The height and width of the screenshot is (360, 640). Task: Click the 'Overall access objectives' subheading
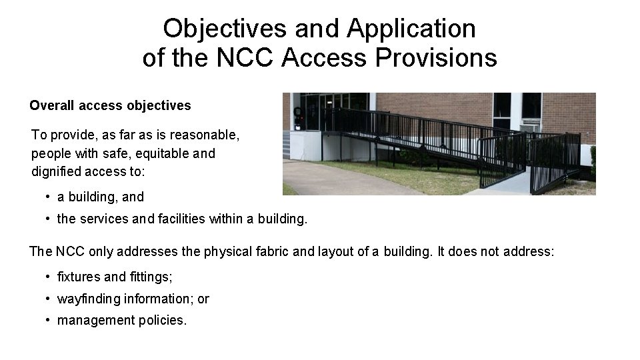click(110, 105)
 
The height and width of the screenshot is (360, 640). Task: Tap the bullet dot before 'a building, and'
click(49, 197)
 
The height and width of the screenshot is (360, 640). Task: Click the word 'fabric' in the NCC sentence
click(266, 252)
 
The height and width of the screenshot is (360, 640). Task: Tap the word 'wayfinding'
click(89, 299)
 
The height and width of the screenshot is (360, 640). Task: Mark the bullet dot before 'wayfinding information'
click(49, 299)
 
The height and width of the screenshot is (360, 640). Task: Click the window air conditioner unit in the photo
click(530, 126)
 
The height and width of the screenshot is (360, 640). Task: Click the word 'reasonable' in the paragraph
click(207, 135)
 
